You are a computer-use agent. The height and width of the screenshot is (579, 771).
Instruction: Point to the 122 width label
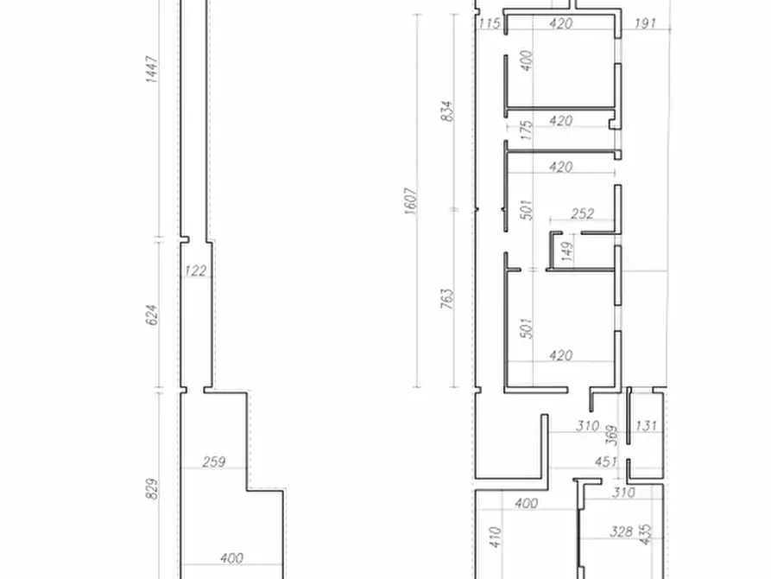[x=196, y=270]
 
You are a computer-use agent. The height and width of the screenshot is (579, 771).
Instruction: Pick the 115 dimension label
[x=489, y=23]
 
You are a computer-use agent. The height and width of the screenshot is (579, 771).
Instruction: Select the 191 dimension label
[x=647, y=23]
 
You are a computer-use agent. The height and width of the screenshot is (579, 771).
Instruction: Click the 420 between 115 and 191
[x=560, y=23]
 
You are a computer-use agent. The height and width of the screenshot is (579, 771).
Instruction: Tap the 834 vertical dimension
[x=446, y=111]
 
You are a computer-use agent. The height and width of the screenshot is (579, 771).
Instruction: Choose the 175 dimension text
[x=527, y=130]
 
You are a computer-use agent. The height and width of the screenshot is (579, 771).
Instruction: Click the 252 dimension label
[x=584, y=213]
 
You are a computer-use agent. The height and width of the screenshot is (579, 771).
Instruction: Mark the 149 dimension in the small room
[x=567, y=251]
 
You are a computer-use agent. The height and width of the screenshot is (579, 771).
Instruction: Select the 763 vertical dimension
[x=446, y=298]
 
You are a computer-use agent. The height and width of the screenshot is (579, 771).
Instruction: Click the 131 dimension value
[x=646, y=425]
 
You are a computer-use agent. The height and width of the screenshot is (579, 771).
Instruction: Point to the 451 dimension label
[x=607, y=461]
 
